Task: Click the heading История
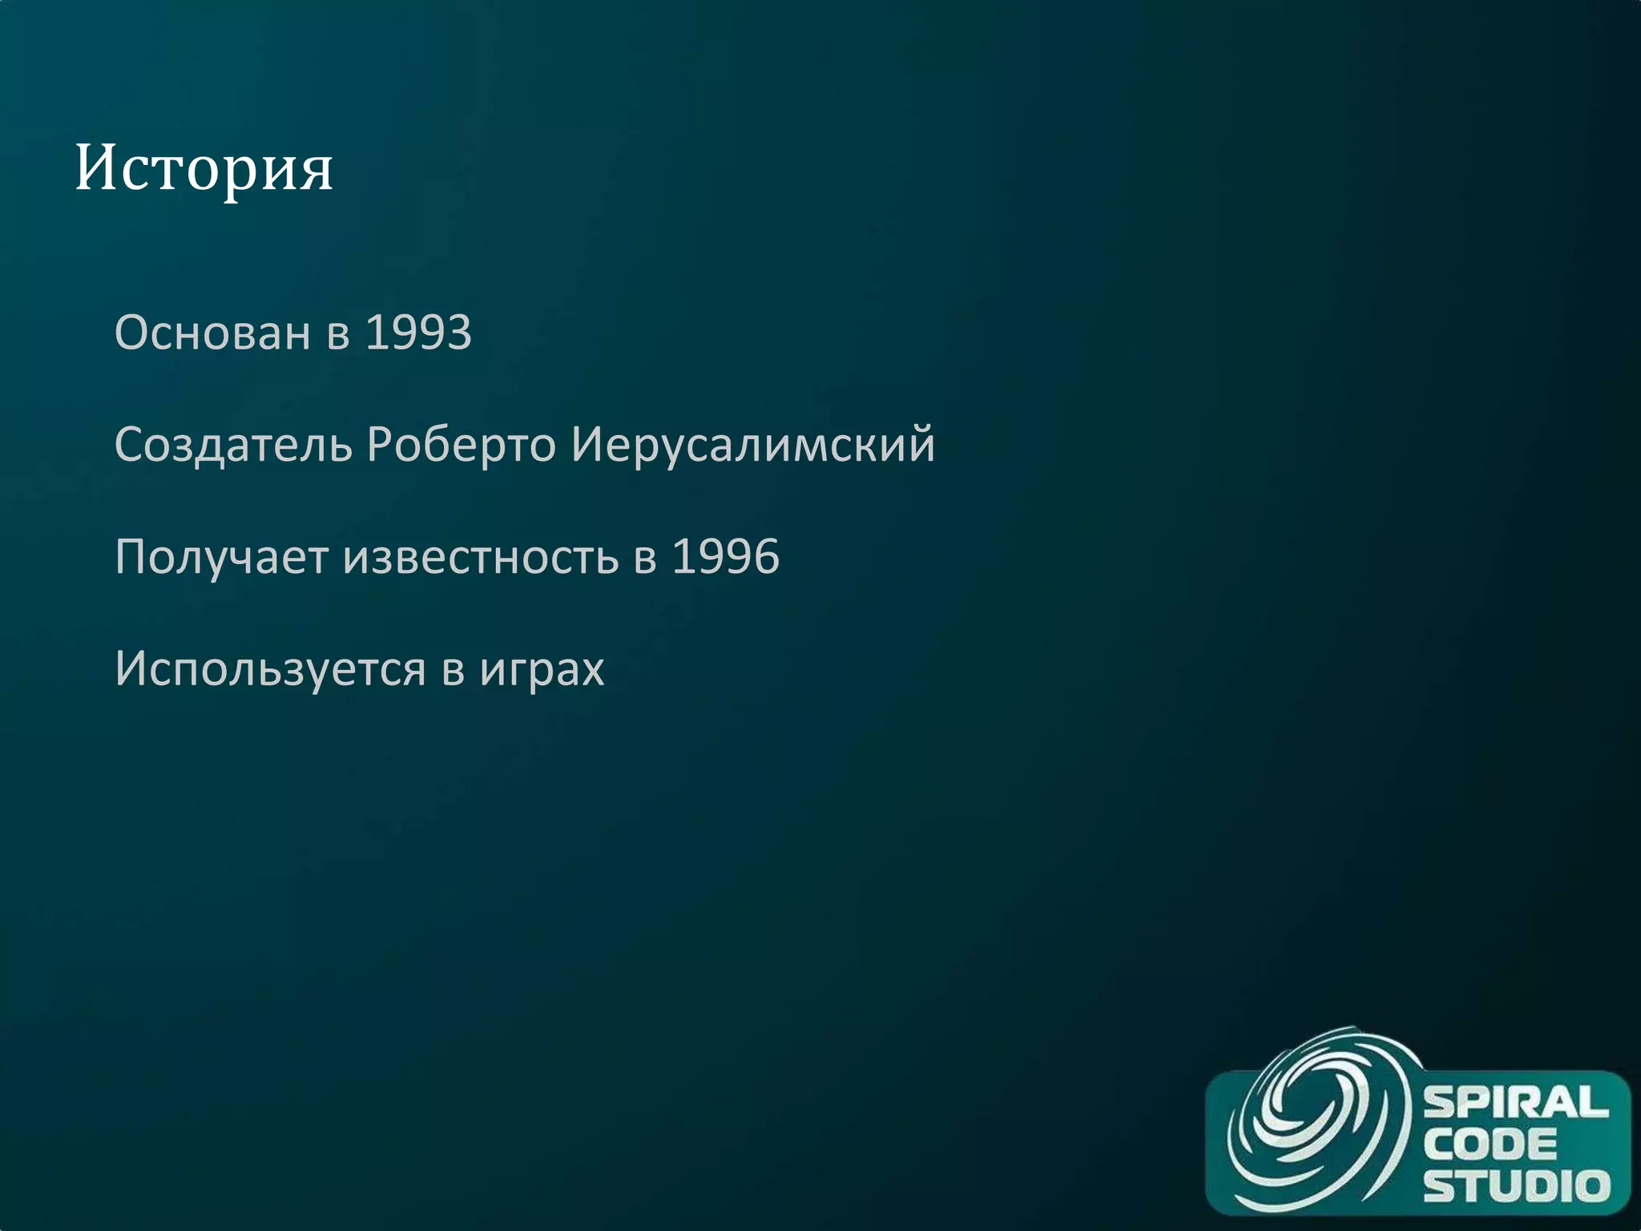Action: coord(204,168)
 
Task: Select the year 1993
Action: coord(418,332)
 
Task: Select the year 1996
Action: coord(725,556)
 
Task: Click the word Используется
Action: coord(270,668)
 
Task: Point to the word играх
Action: coord(542,668)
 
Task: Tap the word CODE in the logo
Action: coord(1490,1144)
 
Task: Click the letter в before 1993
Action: coord(338,333)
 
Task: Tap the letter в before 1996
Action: coord(645,558)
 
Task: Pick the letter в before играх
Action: coord(453,670)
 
